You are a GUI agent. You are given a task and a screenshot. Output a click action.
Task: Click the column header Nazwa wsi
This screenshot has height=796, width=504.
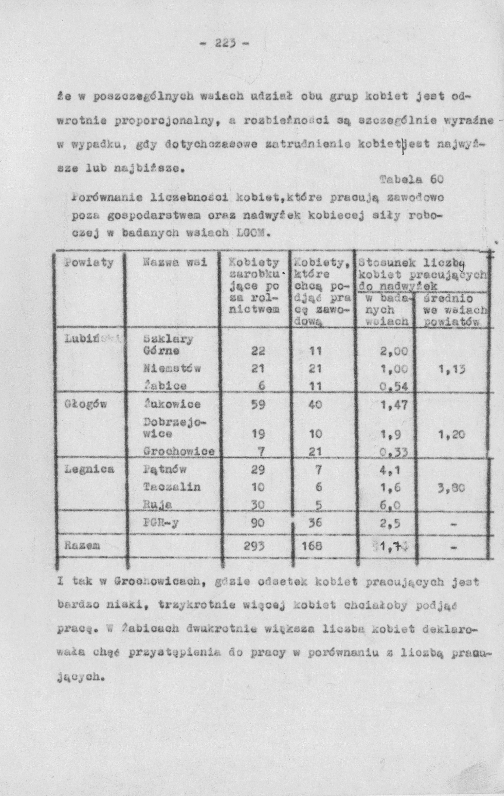pyautogui.click(x=175, y=263)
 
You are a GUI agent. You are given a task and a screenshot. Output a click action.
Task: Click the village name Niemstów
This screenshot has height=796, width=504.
pyautogui.click(x=172, y=368)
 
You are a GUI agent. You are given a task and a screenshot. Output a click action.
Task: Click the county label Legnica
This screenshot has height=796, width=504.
pyautogui.click(x=90, y=469)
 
